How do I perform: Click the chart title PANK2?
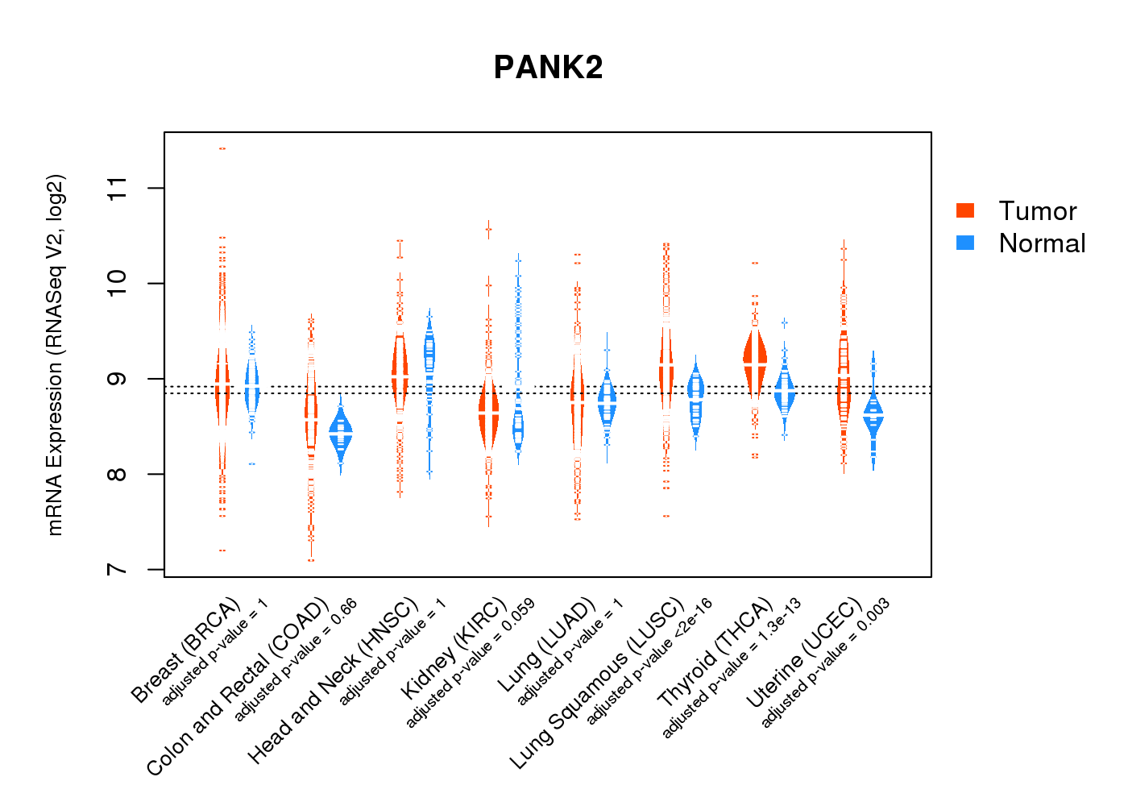pos(548,68)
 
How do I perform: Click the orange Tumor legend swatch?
pos(965,210)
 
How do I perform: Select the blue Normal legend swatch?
pos(965,243)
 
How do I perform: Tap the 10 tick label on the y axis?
pos(118,284)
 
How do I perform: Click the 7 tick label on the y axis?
pos(118,569)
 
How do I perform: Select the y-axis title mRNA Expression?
pos(55,355)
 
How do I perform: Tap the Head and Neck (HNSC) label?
pos(333,681)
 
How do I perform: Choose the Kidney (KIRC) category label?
pos(454,648)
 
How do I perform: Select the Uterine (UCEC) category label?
pos(804,654)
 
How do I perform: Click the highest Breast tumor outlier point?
pos(222,148)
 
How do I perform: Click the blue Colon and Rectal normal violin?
pos(341,435)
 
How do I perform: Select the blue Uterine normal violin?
pos(873,415)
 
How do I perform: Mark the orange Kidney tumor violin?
pos(488,411)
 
